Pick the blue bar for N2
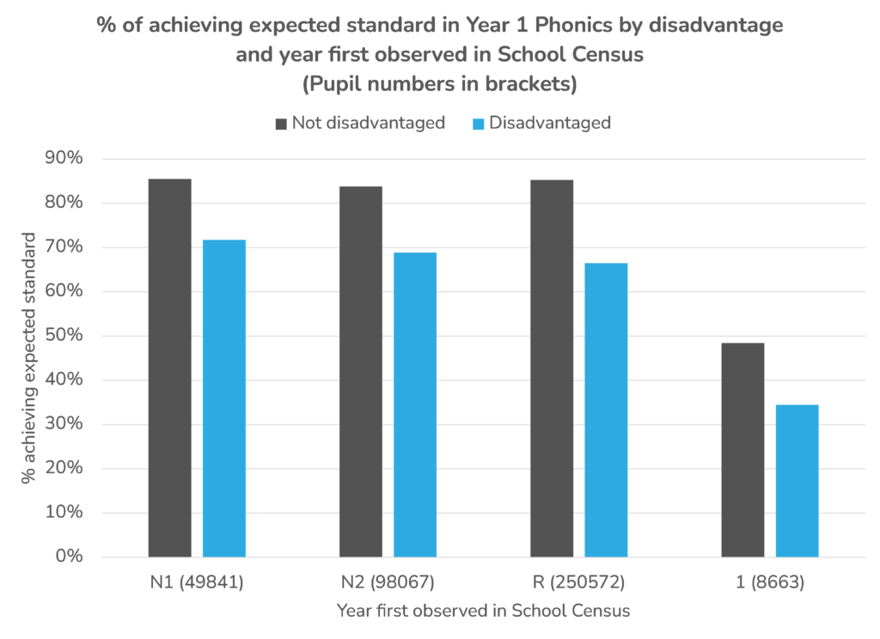point(415,405)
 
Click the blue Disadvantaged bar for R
point(606,410)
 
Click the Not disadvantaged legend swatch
point(281,124)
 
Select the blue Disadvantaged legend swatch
point(479,124)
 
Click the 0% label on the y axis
point(69,557)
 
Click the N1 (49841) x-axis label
point(196,582)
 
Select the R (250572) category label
point(578,582)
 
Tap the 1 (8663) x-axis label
point(770,582)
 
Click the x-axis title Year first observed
point(482,611)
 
